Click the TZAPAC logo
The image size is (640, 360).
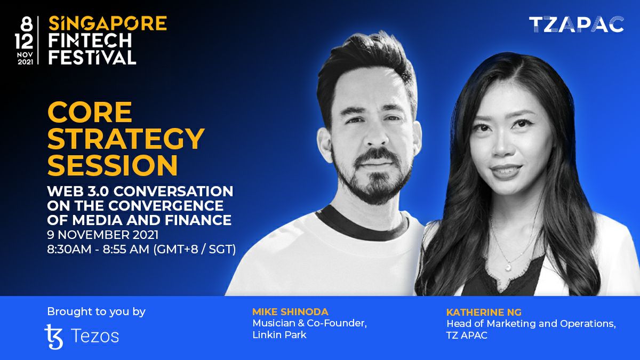[577, 25]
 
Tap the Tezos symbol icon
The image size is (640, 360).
[54, 337]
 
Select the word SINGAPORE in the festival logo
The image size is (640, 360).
[107, 23]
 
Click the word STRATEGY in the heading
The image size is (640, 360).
[126, 139]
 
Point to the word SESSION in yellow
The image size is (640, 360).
[113, 165]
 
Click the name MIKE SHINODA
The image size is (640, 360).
[290, 311]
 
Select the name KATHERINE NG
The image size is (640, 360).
[484, 312]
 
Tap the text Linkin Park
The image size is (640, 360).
[279, 334]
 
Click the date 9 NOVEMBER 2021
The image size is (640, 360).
[103, 235]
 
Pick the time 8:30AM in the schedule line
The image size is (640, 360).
[69, 249]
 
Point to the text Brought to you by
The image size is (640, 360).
[97, 311]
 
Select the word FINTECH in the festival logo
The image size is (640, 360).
[90, 41]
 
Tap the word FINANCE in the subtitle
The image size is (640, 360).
[198, 220]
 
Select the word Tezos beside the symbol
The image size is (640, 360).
[95, 335]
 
